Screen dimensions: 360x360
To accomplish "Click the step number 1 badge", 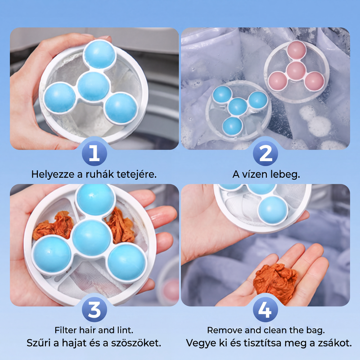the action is click(x=94, y=153).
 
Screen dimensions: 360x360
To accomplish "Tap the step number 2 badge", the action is click(x=265, y=153).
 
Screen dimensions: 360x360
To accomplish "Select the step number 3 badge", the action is click(x=94, y=310).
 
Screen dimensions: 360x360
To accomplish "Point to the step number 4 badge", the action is click(x=265, y=310).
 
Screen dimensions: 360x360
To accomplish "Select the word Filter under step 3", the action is click(x=66, y=330).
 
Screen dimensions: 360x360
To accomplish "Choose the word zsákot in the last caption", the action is click(x=335, y=343).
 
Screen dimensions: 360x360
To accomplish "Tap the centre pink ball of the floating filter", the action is click(x=296, y=70).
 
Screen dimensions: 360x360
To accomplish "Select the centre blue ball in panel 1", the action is click(x=93, y=86).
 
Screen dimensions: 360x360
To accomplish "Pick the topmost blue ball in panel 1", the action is click(x=99, y=54).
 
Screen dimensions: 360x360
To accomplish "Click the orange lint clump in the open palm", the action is click(x=275, y=282).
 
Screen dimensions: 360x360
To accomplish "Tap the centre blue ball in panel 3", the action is click(x=91, y=238).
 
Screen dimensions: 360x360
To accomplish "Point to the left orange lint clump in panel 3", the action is click(x=53, y=226).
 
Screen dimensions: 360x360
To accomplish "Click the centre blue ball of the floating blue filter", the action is click(x=238, y=107).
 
